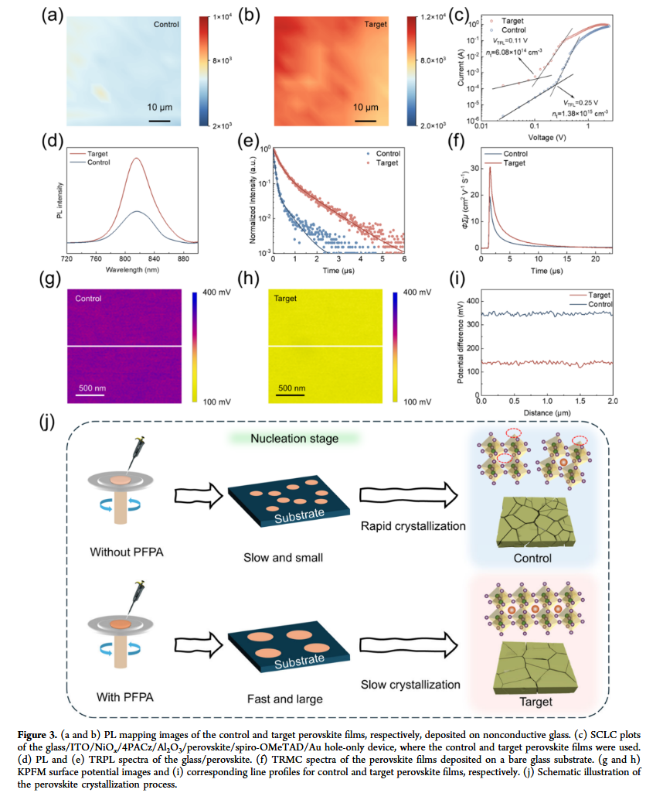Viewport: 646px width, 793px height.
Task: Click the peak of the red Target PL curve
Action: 136,159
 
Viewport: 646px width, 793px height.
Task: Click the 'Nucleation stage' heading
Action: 294,439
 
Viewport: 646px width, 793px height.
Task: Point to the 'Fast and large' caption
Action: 294,699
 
